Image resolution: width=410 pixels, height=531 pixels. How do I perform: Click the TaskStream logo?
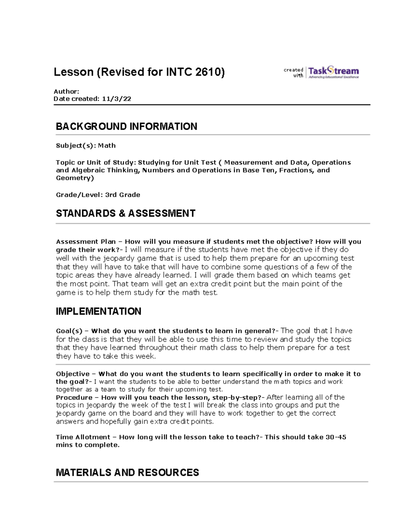pos(333,72)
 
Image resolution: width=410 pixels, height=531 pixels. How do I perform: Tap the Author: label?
pos(66,91)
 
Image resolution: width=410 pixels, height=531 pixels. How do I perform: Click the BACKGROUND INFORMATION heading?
pos(126,127)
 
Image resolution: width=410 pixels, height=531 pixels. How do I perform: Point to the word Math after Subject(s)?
pos(107,146)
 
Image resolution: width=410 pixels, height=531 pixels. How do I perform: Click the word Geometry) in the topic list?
pos(75,178)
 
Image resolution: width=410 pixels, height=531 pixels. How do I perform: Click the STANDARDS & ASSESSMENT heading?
pos(125,213)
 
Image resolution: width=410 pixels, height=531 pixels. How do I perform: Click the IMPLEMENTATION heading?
pos(98,311)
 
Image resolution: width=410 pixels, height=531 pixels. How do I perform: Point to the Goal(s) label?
pos(69,331)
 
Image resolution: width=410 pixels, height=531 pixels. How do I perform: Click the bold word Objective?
pos(73,374)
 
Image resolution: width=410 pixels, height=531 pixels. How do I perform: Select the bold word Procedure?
pos(74,398)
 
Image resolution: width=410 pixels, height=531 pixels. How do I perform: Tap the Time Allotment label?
pos(83,437)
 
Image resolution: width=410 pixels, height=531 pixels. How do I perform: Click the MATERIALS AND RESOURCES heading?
pos(127,473)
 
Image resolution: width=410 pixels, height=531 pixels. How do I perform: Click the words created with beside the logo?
pos(294,72)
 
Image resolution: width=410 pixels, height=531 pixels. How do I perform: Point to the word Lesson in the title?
pos(73,72)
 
